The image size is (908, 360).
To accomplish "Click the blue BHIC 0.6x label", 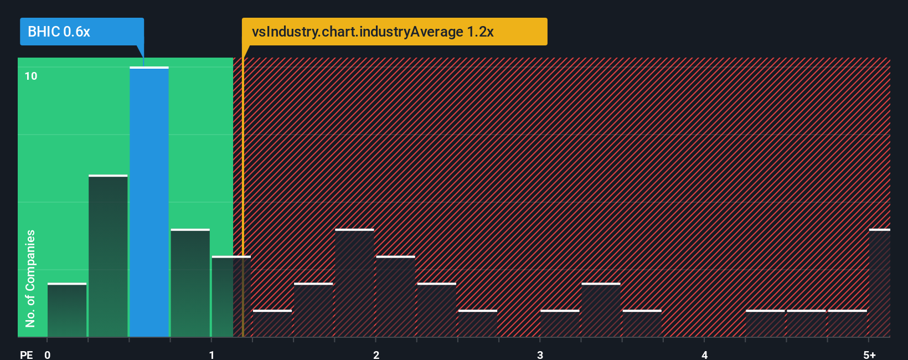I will coord(81,32).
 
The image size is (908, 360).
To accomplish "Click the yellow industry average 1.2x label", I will coord(394,32).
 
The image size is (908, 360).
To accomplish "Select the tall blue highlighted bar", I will coord(149,202).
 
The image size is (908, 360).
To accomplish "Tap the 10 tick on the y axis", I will coord(31,76).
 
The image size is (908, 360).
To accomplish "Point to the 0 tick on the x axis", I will coord(48,355).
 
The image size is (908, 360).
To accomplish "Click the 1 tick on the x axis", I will coord(211,355).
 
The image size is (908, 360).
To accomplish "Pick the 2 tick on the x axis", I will coord(376,355).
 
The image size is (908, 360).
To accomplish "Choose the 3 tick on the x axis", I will coord(540,355).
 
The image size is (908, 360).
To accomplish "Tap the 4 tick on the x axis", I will coord(704,355).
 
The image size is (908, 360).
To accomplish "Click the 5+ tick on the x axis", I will coord(869,355).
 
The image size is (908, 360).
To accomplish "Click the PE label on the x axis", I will coord(26,355).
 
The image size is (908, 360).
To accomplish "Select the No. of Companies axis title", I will coord(30,278).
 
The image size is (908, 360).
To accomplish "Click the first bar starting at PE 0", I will coord(67,310).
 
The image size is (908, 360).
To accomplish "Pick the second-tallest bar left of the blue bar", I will coord(108,256).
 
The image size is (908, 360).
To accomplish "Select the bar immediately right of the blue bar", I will coord(190,283).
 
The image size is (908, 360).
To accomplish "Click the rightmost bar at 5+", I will coord(879,283).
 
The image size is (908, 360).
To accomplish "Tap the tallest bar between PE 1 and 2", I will coord(354,283).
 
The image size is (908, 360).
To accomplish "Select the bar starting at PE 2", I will coord(395,296).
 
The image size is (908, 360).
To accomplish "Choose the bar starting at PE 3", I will coord(560,323).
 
